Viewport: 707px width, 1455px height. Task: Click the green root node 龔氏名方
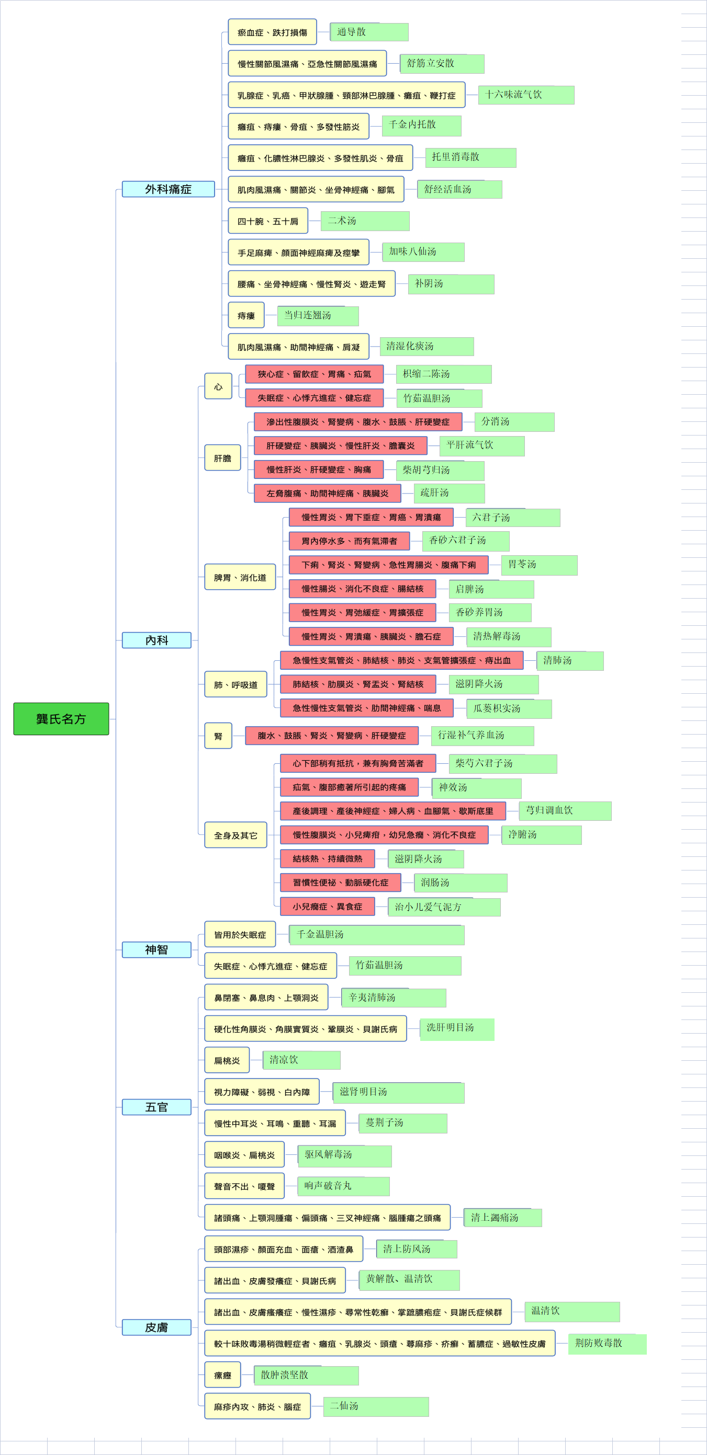(61, 718)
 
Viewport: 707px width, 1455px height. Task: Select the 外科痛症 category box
(169, 189)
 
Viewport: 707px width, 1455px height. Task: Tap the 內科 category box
(156, 640)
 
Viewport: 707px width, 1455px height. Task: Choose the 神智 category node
(156, 949)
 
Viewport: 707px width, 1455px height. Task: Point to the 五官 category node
(156, 1107)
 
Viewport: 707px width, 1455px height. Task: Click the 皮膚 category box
(156, 1327)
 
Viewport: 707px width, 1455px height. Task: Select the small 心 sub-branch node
(218, 386)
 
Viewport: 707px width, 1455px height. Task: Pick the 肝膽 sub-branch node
(222, 458)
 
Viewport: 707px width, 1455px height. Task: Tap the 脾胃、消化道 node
(240, 577)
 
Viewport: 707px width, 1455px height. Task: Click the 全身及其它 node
(235, 835)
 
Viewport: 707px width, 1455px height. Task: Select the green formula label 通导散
(369, 32)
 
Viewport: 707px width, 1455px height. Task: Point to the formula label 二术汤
(365, 221)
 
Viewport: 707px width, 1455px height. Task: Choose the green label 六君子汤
(513, 518)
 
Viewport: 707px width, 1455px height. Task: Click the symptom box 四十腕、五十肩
(268, 221)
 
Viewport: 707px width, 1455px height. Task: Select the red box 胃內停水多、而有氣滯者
(349, 541)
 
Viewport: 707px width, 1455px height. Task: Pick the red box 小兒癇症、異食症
(327, 907)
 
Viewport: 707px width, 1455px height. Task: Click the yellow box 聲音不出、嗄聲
(244, 1186)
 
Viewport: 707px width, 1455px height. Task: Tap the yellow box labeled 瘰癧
(222, 1375)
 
